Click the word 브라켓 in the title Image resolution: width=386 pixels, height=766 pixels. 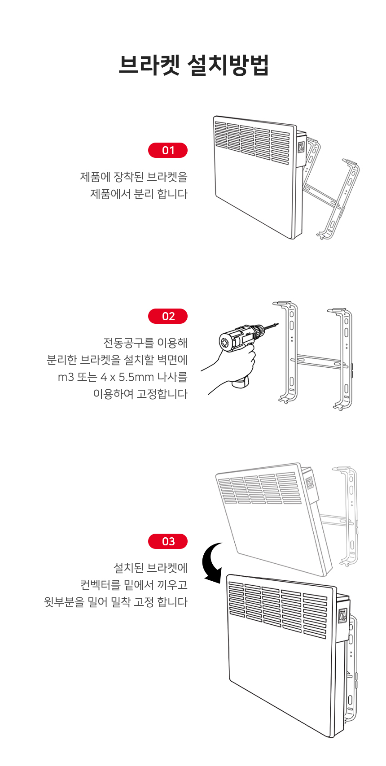(149, 65)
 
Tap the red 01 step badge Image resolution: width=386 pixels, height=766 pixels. (168, 151)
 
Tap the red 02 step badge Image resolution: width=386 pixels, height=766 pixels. (168, 317)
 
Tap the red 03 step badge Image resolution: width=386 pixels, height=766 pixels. (168, 542)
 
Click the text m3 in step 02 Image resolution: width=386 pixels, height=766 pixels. (66, 377)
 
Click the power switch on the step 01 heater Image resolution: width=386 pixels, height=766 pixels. (302, 147)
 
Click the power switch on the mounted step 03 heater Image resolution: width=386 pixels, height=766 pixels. (342, 615)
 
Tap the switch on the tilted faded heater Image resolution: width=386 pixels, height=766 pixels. (309, 483)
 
